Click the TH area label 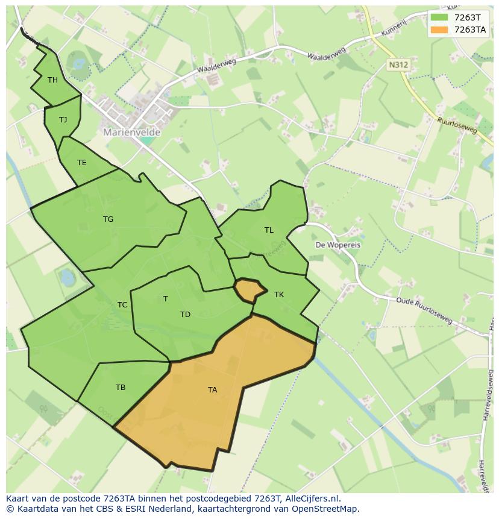(x=52, y=80)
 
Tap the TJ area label (x=63, y=120)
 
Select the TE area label (x=81, y=163)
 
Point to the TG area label (x=108, y=219)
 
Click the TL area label (x=269, y=230)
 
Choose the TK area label (x=278, y=295)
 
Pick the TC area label (x=122, y=305)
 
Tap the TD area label (x=185, y=315)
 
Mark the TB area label (x=121, y=388)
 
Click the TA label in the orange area (x=212, y=390)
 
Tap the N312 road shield (x=397, y=64)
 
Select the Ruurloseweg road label (x=457, y=125)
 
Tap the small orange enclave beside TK (x=248, y=290)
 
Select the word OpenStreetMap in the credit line (x=325, y=509)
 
